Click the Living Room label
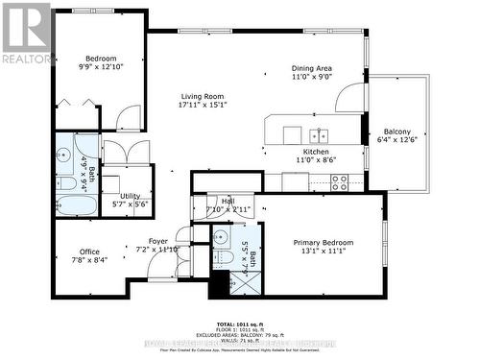(202, 96)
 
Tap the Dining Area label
(312, 69)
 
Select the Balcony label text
(397, 132)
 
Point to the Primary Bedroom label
(320, 243)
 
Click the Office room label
(88, 252)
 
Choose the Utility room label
(130, 196)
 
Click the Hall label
(228, 201)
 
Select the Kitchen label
(316, 152)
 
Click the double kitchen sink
(318, 135)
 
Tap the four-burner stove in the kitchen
(340, 182)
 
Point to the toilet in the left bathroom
(68, 181)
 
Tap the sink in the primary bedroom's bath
(220, 238)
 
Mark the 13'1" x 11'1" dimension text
(320, 253)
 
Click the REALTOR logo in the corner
(26, 34)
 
